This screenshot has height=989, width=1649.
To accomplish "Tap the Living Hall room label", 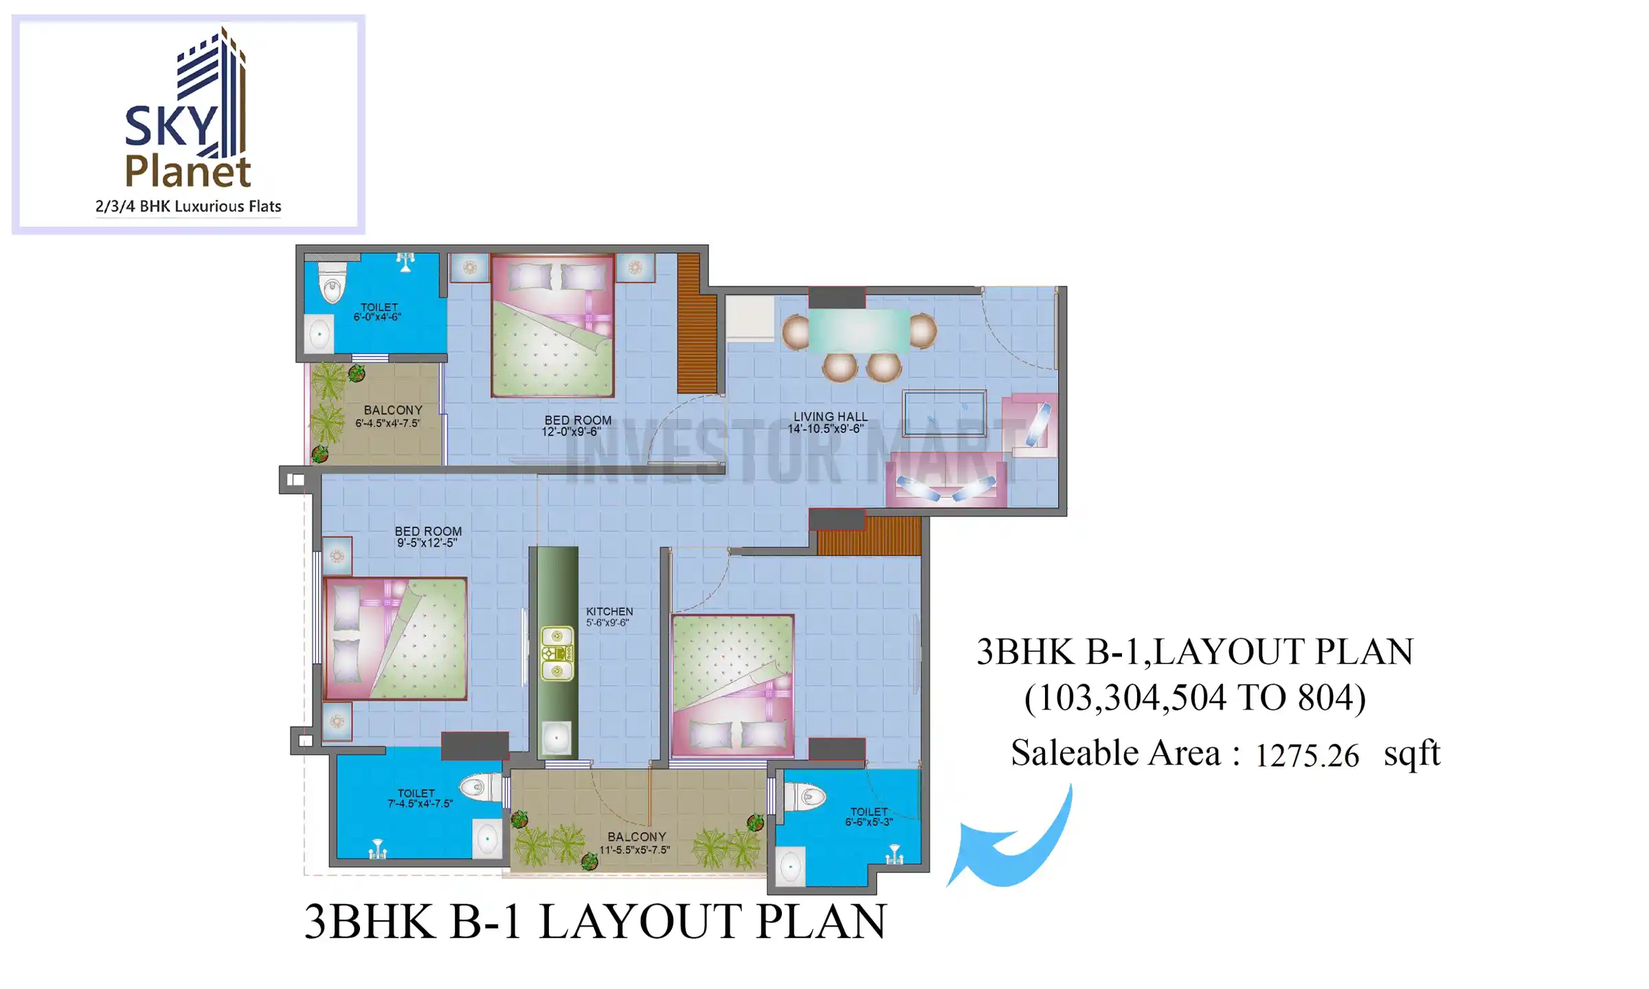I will [x=830, y=417].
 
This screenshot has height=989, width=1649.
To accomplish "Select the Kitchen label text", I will [x=609, y=611].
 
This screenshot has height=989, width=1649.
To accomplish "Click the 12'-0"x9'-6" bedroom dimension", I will [x=571, y=432].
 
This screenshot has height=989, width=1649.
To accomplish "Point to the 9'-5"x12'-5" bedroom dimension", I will [x=426, y=543].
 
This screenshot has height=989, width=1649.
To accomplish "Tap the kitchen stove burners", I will [x=557, y=653].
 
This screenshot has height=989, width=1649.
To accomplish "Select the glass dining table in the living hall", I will [x=859, y=331].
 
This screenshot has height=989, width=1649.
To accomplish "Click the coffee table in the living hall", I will [x=945, y=413].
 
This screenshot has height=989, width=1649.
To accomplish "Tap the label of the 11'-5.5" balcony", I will [x=636, y=837].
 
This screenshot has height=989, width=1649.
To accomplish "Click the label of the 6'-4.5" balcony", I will [x=392, y=410].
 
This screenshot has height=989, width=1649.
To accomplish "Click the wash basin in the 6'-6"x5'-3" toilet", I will [x=790, y=867].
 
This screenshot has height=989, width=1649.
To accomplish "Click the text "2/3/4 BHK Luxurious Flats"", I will [x=188, y=207].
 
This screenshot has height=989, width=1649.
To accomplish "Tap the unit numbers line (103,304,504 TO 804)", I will [x=1195, y=698].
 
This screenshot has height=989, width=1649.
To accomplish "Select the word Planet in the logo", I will [x=188, y=172].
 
